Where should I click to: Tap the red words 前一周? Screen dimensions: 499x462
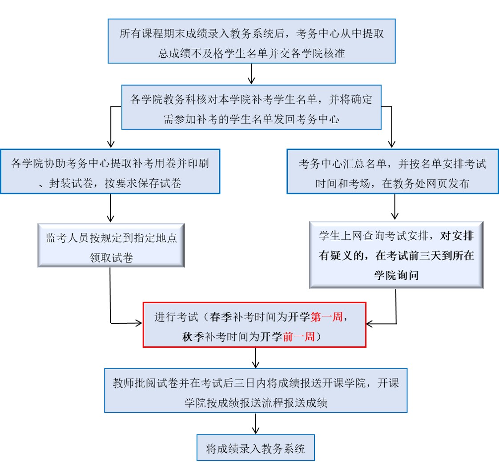tap(298, 337)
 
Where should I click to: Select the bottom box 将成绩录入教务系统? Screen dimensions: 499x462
tap(256, 448)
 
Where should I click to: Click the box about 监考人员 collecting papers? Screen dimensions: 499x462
tap(111, 245)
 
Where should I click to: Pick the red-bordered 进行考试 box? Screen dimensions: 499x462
tap(254, 325)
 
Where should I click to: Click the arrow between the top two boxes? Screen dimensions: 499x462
tap(251, 74)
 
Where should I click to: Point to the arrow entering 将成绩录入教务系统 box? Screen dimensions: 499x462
tap(256, 423)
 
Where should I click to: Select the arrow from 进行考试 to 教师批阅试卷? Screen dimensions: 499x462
tap(256, 358)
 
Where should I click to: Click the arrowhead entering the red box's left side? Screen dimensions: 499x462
tap(139, 323)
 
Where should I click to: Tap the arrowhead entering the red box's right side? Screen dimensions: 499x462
tap(370, 324)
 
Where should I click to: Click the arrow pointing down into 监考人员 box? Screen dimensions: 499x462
tap(110, 208)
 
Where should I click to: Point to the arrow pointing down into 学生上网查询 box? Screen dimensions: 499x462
tap(394, 207)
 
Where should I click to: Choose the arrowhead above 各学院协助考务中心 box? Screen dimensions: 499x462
tap(111, 144)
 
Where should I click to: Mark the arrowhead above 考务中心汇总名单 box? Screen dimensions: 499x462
tap(392, 144)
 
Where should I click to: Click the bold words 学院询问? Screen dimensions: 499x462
tap(396, 275)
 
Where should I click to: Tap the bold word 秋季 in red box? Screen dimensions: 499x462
tap(193, 337)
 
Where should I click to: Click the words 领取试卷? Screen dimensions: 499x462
tap(111, 257)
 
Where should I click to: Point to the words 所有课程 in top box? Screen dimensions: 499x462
tap(141, 33)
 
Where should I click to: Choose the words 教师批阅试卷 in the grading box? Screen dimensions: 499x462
tap(145, 383)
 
